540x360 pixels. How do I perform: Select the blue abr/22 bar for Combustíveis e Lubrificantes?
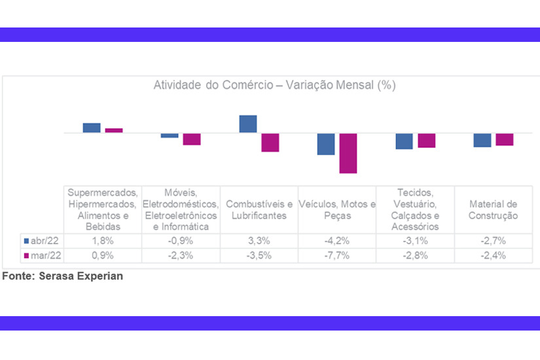coord(248,124)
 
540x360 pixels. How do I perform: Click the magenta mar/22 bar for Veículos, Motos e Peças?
coord(348,153)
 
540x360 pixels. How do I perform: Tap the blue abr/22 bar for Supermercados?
coord(92,128)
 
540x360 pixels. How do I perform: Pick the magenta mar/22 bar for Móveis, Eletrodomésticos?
coord(192,139)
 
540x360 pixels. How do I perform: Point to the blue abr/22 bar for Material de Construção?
coord(482,140)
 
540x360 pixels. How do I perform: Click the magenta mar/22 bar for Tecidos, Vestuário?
coord(427,141)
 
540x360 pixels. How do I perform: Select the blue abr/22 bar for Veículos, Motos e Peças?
coord(326,144)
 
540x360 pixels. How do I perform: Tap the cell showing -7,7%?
coord(337,255)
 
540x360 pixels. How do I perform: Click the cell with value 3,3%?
coord(259,240)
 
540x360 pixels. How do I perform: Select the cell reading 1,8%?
coord(103,240)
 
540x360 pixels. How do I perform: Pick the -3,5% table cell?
coord(259,255)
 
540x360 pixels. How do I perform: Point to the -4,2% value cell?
coord(337,240)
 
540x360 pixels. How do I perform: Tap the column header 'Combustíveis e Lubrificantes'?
coord(259,209)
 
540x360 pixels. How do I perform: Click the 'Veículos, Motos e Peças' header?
coord(337,209)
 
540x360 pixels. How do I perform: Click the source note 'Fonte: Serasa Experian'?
coord(62,276)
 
